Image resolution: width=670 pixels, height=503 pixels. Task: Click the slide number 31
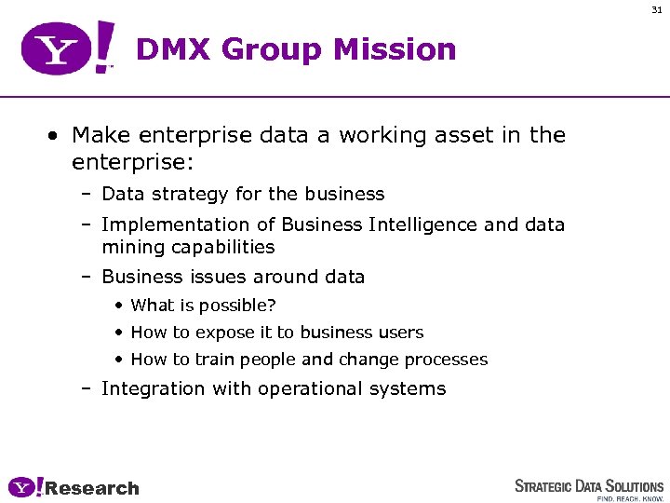tap(656, 9)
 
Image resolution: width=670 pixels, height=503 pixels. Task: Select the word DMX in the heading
tap(173, 49)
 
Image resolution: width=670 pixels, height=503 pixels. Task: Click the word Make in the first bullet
tap(99, 135)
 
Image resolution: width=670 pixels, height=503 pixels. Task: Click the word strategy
tap(191, 194)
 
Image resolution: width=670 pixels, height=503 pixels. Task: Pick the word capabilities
tap(222, 247)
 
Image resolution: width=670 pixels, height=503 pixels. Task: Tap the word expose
tap(212, 333)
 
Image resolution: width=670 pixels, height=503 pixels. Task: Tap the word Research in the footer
tap(92, 488)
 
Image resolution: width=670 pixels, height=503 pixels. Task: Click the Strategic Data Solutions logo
tap(589, 487)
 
